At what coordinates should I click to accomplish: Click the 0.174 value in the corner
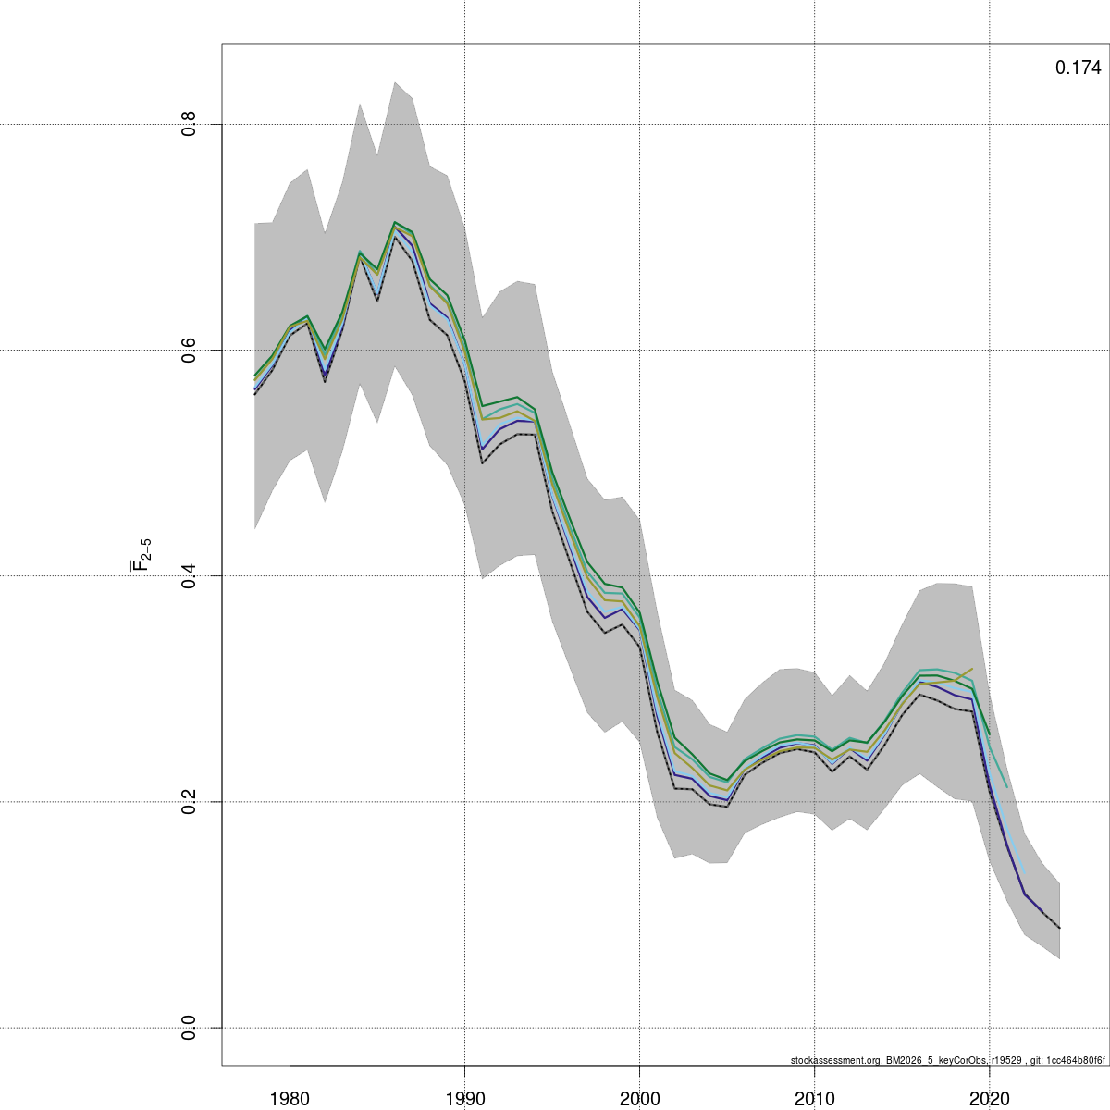coord(1078,68)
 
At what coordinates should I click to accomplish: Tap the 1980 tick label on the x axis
coord(290,1098)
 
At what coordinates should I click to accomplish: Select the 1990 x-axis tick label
coord(465,1098)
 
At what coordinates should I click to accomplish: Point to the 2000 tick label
coord(640,1098)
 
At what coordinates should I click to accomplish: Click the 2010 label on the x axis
coord(815,1098)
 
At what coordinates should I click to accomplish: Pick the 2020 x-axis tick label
coord(990,1098)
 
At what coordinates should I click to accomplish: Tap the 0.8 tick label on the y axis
coord(189,124)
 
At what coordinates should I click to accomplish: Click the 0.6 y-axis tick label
coord(189,350)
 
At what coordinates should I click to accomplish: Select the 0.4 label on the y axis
coord(189,575)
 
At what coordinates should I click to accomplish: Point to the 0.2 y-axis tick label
coord(189,801)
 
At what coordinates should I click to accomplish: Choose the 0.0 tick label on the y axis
coord(189,1027)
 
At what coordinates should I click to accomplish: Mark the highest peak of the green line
coord(395,222)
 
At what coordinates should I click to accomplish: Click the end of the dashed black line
coord(1059,928)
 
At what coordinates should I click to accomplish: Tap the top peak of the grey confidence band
coord(395,82)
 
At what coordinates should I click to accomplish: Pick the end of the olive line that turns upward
coord(972,668)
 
